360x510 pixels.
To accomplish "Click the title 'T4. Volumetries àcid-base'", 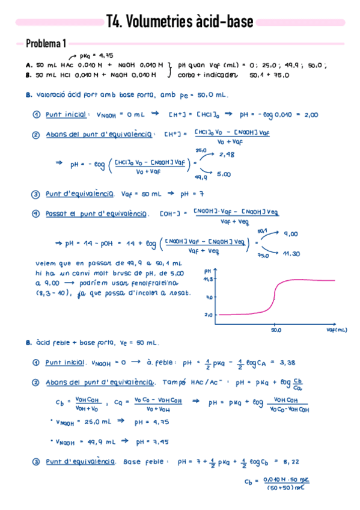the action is [x=179, y=22].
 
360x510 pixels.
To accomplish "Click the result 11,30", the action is [x=291, y=254].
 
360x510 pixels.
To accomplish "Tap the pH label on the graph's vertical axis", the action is [x=207, y=272].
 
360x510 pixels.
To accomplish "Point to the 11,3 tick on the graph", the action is [x=208, y=279].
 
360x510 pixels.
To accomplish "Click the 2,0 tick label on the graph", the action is [x=209, y=315].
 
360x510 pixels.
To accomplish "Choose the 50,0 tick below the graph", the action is [x=276, y=330].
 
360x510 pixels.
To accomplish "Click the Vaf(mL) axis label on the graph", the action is [x=337, y=330].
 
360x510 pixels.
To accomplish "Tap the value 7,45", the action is [x=160, y=441].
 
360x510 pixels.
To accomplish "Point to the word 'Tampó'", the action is [x=176, y=382].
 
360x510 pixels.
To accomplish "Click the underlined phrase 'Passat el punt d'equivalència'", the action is [x=97, y=214].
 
